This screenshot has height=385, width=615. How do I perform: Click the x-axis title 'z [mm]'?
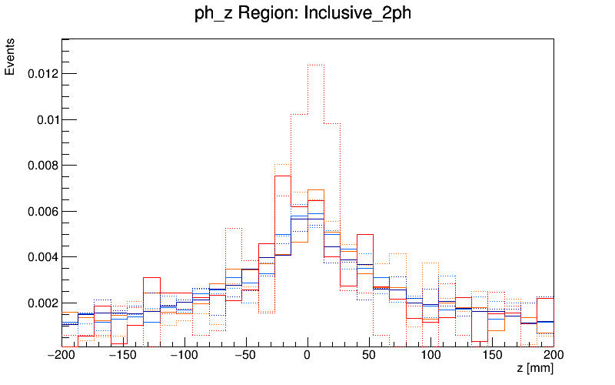click(535, 370)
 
